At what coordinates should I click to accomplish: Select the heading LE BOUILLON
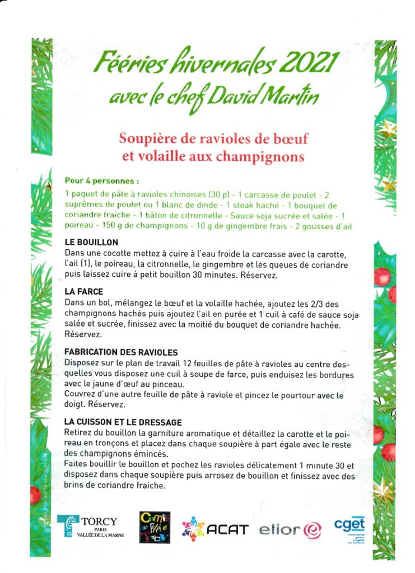91,243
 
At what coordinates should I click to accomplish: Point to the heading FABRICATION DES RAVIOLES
121,352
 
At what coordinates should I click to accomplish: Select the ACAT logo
215,528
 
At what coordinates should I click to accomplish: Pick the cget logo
349,527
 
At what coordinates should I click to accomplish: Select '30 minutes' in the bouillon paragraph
202,276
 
